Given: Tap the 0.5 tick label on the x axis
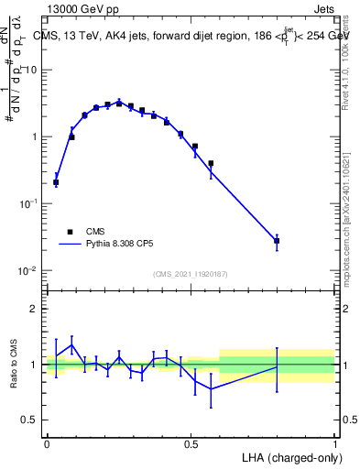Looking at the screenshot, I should [191, 442].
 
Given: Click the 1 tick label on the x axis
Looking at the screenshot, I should [334, 442].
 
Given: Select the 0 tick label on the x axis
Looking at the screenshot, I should [47, 442].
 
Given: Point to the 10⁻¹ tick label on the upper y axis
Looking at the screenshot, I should [30, 204].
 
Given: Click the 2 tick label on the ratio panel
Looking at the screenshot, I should [34, 309].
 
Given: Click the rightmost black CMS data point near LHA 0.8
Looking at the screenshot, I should [277, 241].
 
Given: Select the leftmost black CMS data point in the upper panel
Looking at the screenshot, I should [56, 182].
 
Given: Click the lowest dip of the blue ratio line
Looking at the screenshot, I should [212, 389].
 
